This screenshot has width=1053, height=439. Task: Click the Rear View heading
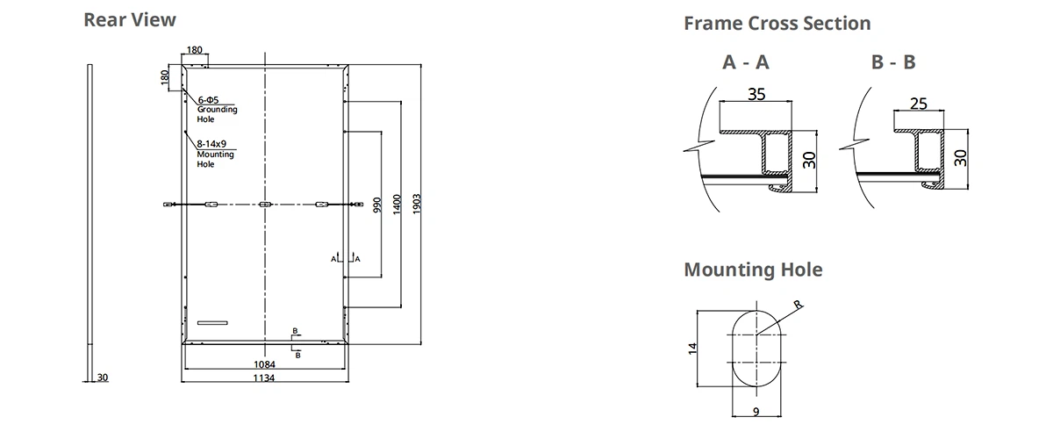(x=130, y=19)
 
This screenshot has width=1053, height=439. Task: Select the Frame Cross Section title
(x=777, y=23)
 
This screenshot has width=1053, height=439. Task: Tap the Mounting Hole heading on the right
(x=753, y=269)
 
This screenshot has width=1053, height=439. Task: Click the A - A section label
(x=746, y=62)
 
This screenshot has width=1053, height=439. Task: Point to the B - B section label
(x=893, y=62)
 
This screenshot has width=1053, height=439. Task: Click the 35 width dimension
(x=756, y=94)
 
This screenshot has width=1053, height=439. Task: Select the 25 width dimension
(x=919, y=104)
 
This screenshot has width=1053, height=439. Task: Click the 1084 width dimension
(x=264, y=363)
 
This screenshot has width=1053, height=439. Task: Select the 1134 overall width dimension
(x=264, y=378)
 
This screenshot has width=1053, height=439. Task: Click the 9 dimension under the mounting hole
(x=756, y=410)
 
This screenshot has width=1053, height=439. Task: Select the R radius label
(x=797, y=305)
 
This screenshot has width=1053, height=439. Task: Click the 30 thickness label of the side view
(x=103, y=378)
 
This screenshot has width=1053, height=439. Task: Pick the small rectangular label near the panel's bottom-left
(x=212, y=323)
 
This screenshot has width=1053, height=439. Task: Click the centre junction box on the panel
(x=265, y=205)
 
